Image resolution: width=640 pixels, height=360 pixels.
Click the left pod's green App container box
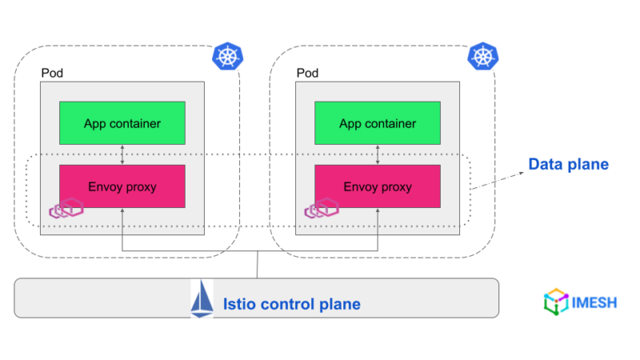pos(122,123)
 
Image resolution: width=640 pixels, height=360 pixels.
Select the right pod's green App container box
pos(377,123)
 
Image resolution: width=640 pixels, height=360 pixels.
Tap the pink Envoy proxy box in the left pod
pos(122,186)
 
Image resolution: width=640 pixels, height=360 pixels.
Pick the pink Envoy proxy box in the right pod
pos(377,186)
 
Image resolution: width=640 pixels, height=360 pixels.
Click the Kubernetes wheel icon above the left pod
pos(227,56)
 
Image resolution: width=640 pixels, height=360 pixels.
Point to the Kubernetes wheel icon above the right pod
pos(482,56)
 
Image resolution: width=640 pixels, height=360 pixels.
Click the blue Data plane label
pos(568,165)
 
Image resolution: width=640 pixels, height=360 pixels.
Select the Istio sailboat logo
pos(202,301)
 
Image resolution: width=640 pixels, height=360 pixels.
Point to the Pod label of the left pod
pos(52,73)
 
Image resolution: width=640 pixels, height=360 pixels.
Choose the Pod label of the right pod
pos(308,73)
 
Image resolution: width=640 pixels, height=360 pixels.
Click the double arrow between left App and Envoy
pos(122,154)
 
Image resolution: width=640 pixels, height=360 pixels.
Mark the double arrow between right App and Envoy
pos(377,154)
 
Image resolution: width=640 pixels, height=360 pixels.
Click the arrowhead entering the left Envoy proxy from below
pos(122,210)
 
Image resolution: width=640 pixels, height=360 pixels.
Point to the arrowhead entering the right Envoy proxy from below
pos(377,210)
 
